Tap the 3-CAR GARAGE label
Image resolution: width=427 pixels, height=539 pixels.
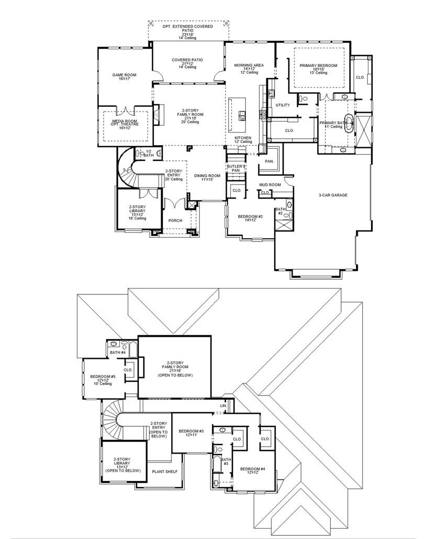point(333,195)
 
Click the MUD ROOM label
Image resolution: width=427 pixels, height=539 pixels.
point(270,185)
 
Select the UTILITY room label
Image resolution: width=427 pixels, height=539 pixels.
point(283,105)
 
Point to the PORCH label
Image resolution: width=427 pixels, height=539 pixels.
point(175,221)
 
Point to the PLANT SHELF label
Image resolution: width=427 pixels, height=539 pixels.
point(164,471)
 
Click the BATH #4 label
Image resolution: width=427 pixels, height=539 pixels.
point(118,353)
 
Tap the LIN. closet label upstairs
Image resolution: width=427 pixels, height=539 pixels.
point(223,406)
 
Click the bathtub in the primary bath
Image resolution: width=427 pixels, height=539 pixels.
point(347,122)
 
